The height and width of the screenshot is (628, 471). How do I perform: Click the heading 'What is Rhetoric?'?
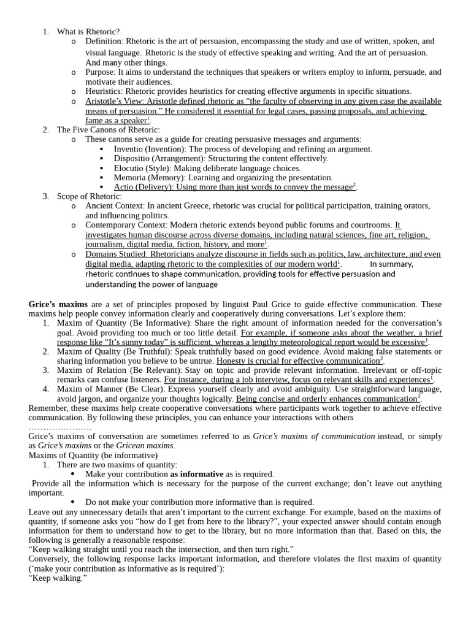click(x=88, y=31)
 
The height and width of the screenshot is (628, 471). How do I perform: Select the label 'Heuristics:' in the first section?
click(x=104, y=91)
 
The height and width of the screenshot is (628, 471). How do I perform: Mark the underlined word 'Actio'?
click(x=124, y=187)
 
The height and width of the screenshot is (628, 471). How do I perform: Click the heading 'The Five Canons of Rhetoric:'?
click(x=108, y=130)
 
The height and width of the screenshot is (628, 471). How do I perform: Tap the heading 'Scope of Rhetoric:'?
click(x=89, y=196)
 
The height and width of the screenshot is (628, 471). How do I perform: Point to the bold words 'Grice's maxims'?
click(x=58, y=304)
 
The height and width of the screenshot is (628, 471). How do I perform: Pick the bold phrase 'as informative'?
click(x=197, y=474)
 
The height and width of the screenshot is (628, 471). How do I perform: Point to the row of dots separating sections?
click(x=60, y=427)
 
